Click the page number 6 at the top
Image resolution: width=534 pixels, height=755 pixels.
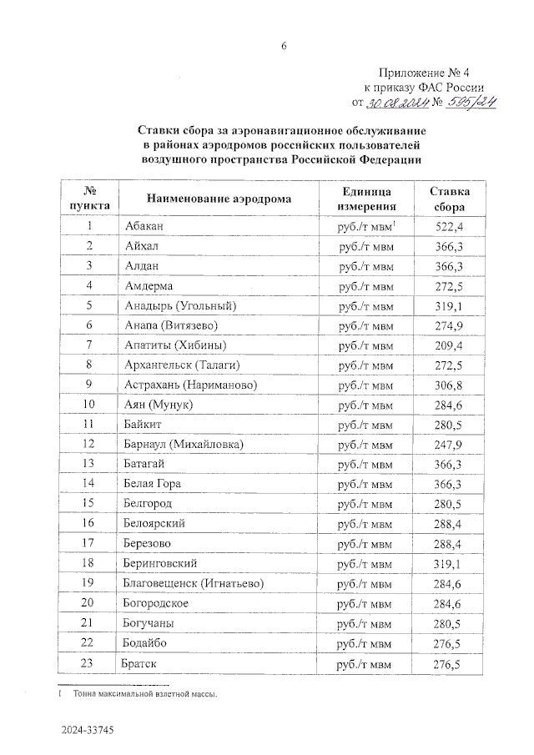283,46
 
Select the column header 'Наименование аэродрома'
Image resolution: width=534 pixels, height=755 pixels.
219,199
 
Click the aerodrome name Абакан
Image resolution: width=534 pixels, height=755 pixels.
144,227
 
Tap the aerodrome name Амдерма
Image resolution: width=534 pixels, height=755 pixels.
149,286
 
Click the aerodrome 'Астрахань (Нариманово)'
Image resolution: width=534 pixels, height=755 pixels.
190,385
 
